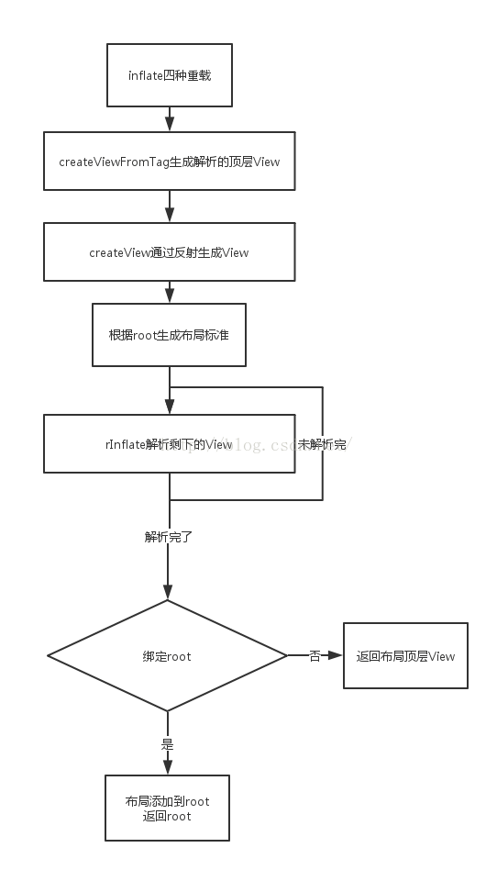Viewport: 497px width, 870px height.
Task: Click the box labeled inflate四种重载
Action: (x=169, y=75)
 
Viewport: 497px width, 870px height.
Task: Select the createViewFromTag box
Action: (x=169, y=162)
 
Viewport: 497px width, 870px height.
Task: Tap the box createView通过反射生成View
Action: (x=169, y=252)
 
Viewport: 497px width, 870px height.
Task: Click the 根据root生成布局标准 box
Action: (x=169, y=335)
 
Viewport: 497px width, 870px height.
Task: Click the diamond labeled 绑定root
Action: (x=167, y=656)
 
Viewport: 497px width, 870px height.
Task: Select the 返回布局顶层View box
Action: (x=405, y=655)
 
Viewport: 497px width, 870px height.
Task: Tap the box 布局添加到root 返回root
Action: (x=167, y=808)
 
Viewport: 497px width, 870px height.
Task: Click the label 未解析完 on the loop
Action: (x=323, y=444)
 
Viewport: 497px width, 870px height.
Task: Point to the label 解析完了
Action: (x=168, y=537)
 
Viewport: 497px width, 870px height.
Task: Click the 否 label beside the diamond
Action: (x=315, y=656)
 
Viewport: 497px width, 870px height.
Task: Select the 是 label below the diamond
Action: (x=168, y=743)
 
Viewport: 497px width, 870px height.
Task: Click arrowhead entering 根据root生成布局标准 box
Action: (x=169, y=296)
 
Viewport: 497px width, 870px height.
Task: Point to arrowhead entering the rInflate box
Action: (x=169, y=407)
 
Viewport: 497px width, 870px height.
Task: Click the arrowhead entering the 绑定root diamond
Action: (x=168, y=593)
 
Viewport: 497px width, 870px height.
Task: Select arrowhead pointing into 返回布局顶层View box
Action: (x=337, y=655)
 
